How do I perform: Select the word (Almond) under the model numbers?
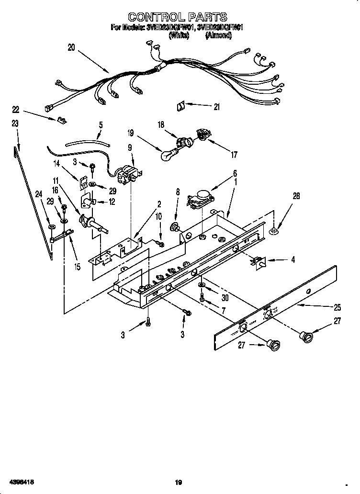coord(218,35)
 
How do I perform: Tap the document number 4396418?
coord(21,482)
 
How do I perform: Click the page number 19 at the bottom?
coord(179,482)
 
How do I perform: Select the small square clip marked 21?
coord(180,106)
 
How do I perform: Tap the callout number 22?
coord(16,109)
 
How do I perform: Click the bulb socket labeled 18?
coord(182,142)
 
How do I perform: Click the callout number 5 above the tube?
coord(101,125)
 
